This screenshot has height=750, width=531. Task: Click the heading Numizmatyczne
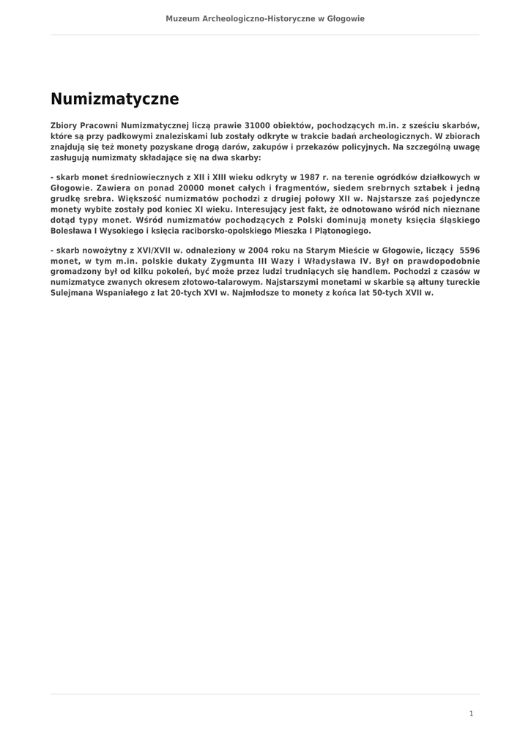pyautogui.click(x=114, y=99)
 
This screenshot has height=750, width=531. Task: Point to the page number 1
pyautogui.click(x=472, y=713)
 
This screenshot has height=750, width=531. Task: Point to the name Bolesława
pyautogui.click(x=75, y=230)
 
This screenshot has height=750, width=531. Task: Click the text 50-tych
pyautogui.click(x=354, y=292)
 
